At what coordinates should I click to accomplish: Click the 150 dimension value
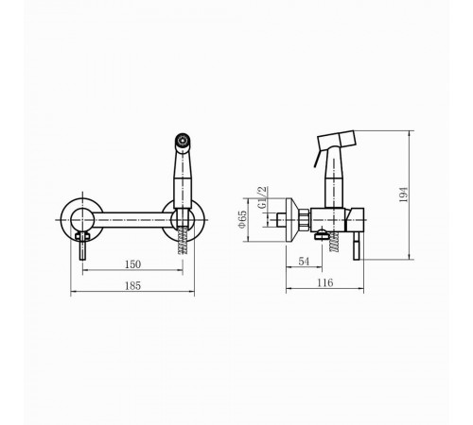[132, 264]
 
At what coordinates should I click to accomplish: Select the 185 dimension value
[132, 286]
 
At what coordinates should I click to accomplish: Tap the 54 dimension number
[304, 262]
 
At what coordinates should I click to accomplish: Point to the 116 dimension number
[325, 282]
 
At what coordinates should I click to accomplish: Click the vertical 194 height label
[403, 195]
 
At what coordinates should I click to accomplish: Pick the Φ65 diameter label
[242, 219]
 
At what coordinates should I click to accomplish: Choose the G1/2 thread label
[262, 197]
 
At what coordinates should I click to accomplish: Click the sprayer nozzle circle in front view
[183, 139]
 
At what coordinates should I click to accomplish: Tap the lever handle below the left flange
[82, 246]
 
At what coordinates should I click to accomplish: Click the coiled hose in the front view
[183, 240]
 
